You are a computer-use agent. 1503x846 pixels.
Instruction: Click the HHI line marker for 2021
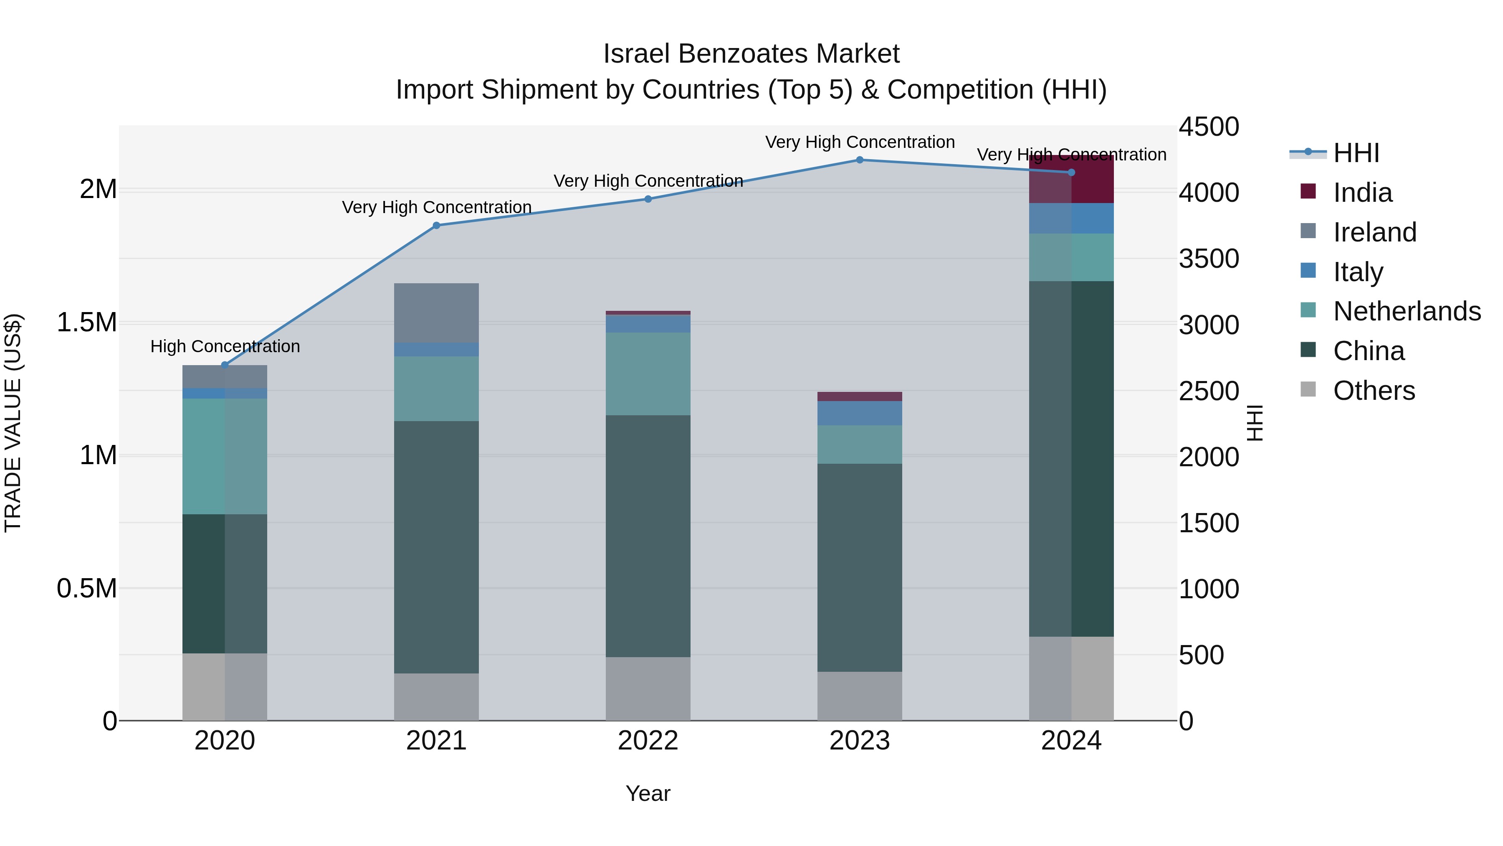click(436, 225)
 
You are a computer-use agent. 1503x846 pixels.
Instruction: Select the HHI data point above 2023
click(860, 160)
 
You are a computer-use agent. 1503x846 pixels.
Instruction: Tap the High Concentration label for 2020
click(225, 346)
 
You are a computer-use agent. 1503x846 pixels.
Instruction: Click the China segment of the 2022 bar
click(648, 536)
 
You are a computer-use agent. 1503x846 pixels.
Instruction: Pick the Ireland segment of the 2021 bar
click(436, 312)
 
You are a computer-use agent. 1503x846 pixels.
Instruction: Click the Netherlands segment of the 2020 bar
click(225, 456)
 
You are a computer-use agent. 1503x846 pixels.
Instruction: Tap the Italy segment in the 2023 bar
click(860, 413)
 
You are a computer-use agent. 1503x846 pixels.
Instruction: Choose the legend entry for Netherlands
click(1407, 311)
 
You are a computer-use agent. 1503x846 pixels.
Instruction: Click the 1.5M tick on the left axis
click(87, 322)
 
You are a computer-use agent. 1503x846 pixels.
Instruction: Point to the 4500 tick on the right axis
click(1208, 127)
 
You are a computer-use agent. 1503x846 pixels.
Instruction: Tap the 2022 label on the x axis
click(648, 741)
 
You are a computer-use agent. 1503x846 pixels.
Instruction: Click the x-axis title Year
click(648, 793)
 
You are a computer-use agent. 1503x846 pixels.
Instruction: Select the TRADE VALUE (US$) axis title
click(13, 423)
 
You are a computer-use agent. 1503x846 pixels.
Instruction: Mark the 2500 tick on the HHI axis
click(1208, 391)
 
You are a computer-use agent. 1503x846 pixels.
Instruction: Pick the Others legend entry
click(1374, 391)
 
